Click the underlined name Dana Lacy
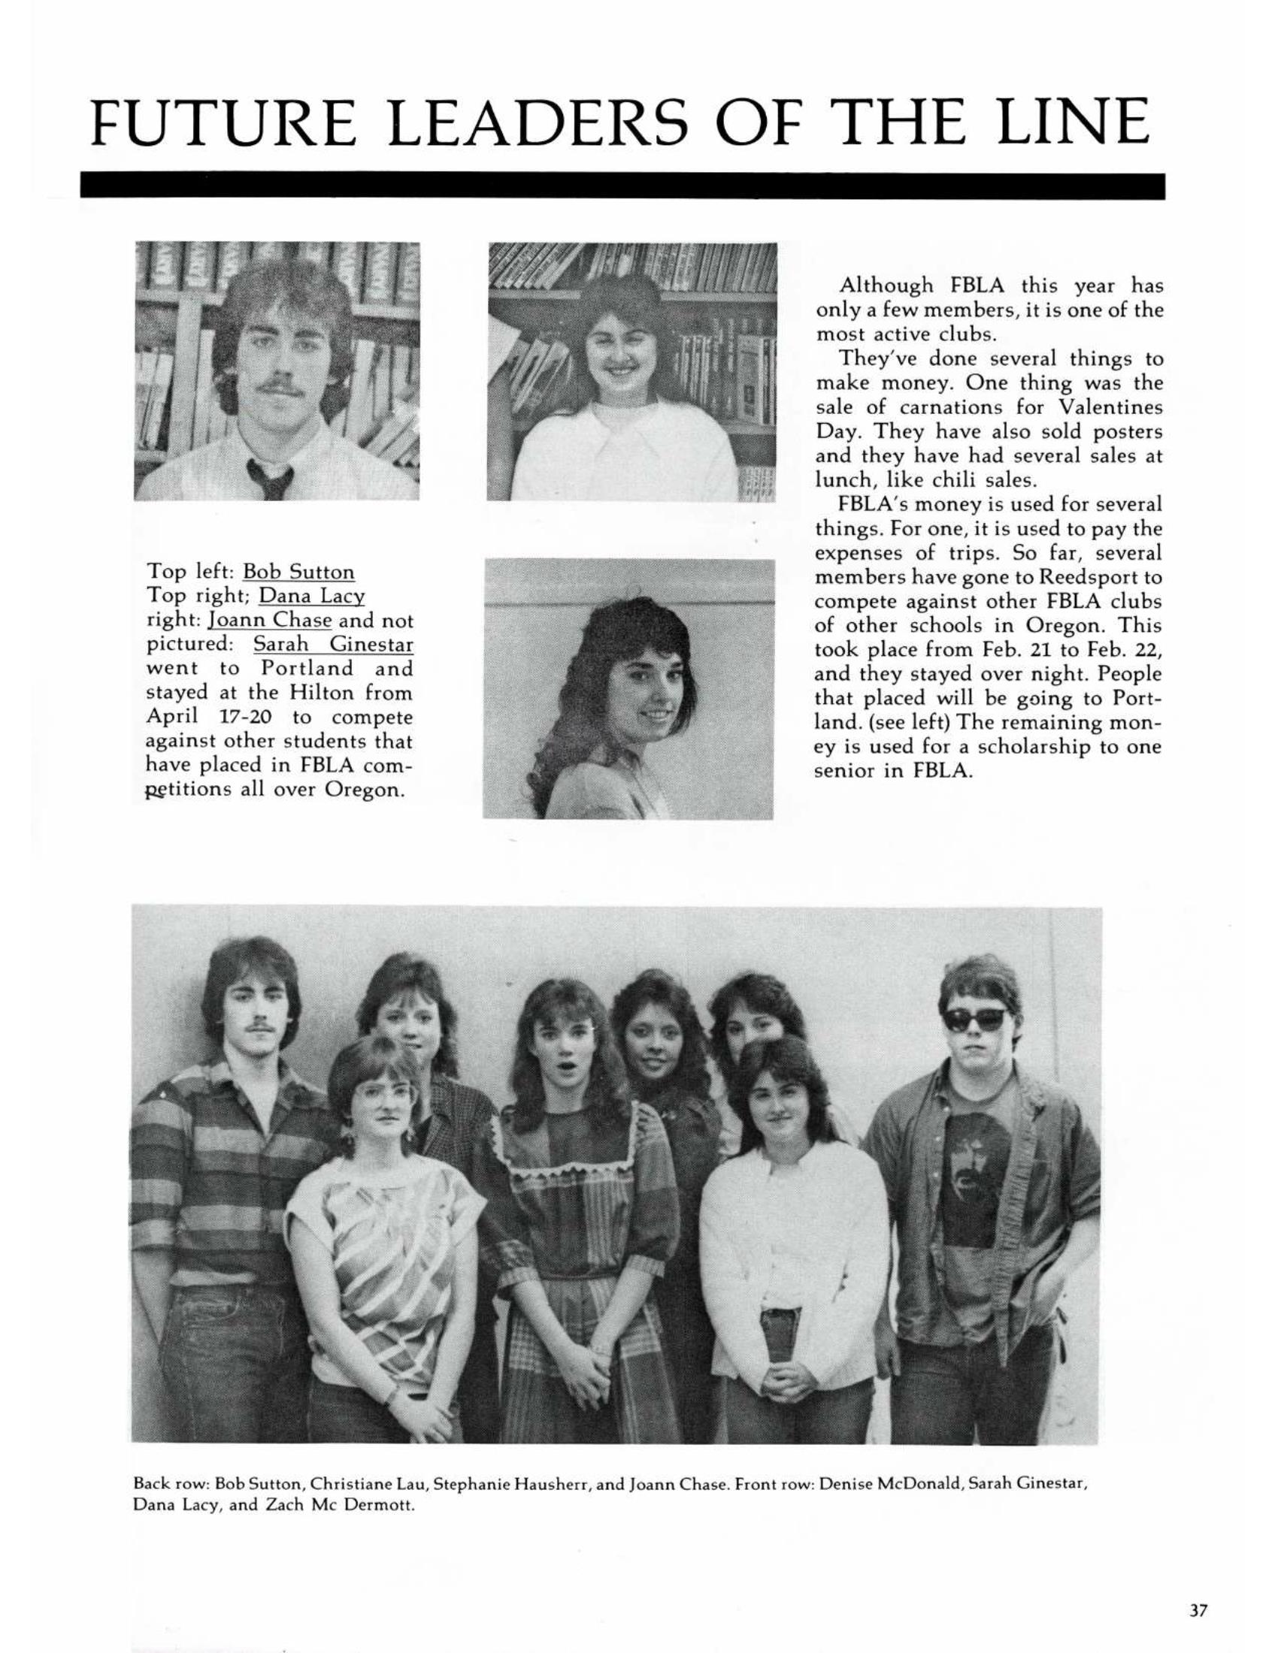pos(312,596)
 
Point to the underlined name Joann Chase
pos(271,621)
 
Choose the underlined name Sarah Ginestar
pos(333,645)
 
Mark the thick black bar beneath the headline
pos(621,186)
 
